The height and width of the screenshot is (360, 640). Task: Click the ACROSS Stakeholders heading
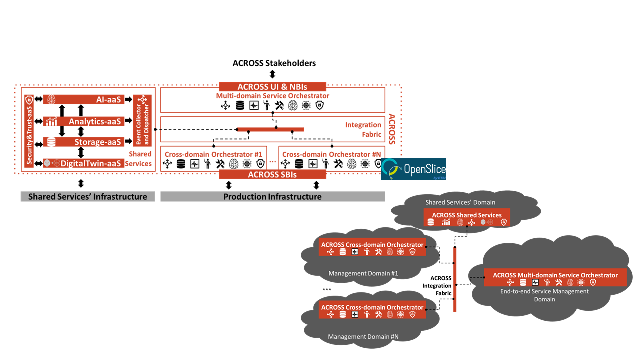click(274, 63)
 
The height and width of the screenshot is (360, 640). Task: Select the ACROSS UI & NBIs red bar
click(272, 86)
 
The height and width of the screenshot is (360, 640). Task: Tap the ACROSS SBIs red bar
click(272, 174)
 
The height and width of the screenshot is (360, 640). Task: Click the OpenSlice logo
click(413, 169)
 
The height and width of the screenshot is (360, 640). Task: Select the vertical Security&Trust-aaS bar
click(29, 130)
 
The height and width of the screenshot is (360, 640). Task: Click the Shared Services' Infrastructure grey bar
click(88, 197)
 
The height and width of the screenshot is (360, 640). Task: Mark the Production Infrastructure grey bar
click(272, 197)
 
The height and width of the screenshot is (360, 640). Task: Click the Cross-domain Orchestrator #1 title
click(213, 154)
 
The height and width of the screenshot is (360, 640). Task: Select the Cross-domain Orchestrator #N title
click(331, 154)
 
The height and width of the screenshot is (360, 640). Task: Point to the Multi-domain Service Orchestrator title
click(272, 95)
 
